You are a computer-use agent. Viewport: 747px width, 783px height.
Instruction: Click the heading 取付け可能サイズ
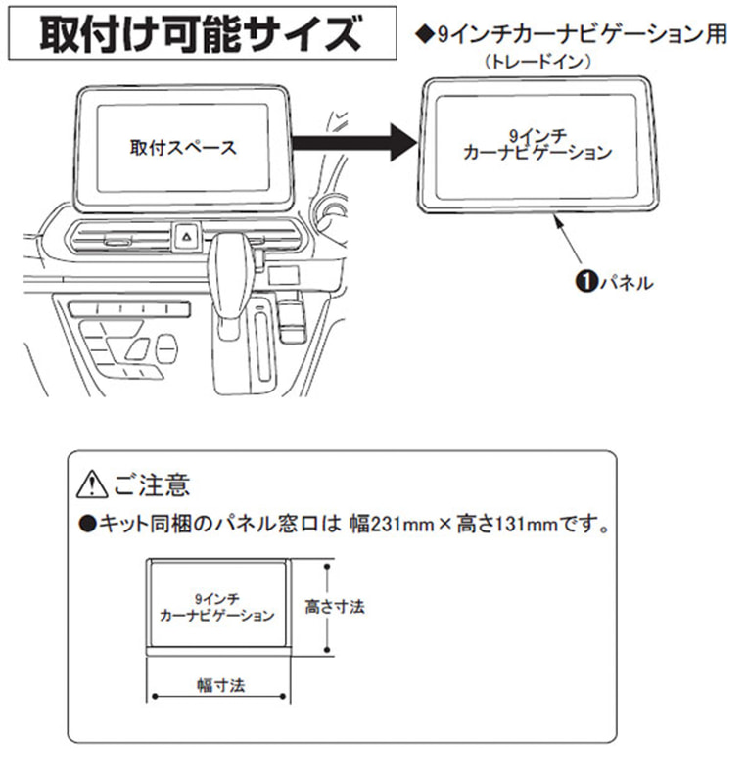pos(200,33)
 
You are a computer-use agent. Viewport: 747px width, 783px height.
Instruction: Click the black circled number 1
pos(581,282)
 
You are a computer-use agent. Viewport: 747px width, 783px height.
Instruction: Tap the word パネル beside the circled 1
pos(622,282)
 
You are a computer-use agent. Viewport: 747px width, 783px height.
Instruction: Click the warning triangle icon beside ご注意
pos(90,484)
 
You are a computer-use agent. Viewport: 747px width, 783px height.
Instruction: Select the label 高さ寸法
pos(335,606)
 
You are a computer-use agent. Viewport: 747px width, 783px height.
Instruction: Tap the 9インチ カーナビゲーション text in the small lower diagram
pos(216,606)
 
